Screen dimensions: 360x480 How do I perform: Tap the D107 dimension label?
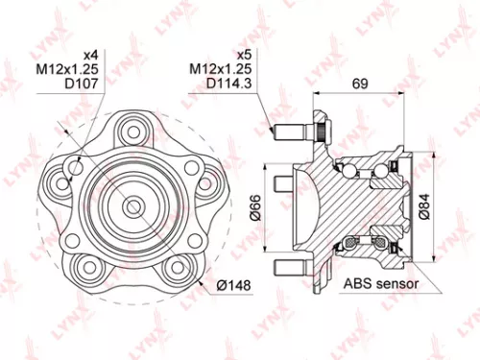82,84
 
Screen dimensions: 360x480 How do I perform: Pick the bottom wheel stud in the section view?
289,266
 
